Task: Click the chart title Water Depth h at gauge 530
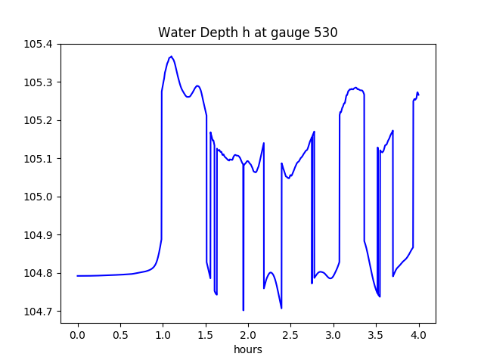(247, 33)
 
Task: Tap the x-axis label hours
(247, 350)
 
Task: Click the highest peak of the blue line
(172, 57)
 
